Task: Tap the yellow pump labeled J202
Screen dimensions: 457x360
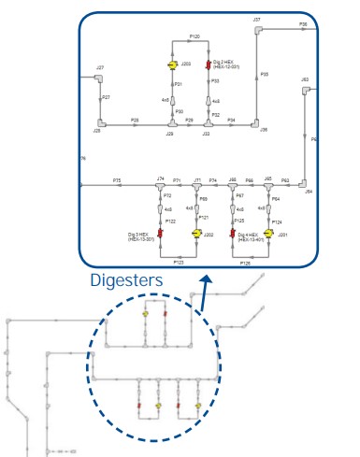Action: pyautogui.click(x=196, y=234)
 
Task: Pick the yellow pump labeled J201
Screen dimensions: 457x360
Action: pyautogui.click(x=268, y=234)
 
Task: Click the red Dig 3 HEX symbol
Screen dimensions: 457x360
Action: pyautogui.click(x=161, y=234)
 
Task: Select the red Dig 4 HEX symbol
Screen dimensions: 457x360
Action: pyautogui.click(x=233, y=234)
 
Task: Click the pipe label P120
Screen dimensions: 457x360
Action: pyautogui.click(x=194, y=36)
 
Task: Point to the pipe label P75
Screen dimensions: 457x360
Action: pyautogui.click(x=117, y=179)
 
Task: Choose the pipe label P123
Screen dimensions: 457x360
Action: pyautogui.click(x=178, y=264)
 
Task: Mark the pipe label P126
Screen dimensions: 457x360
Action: pyautogui.click(x=245, y=264)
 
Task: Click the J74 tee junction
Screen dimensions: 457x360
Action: pyautogui.click(x=161, y=185)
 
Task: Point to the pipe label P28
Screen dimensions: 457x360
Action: pyautogui.click(x=135, y=120)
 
